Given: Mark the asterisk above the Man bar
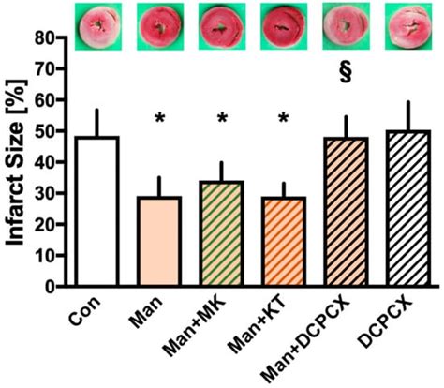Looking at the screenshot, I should click(160, 119).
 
